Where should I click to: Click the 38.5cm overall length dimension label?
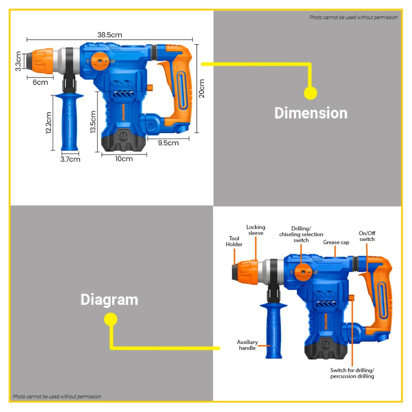[x=109, y=35]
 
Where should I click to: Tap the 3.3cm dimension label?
[x=19, y=61]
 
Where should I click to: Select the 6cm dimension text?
[x=40, y=82]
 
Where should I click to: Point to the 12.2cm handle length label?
[x=48, y=123]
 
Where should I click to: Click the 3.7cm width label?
[x=70, y=159]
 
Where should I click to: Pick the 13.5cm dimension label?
[x=93, y=122]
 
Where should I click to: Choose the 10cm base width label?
[x=124, y=159]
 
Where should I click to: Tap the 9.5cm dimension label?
[x=168, y=143]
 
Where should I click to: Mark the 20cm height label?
[x=202, y=88]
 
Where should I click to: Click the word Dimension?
[x=311, y=113]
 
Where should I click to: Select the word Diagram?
[x=109, y=300]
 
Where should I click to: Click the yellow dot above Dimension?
[x=310, y=93]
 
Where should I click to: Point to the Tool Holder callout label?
[x=234, y=241]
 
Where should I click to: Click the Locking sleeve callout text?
[x=256, y=230]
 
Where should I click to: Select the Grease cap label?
[x=336, y=243]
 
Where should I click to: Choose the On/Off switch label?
[x=367, y=236]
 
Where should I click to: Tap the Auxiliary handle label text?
[x=247, y=345]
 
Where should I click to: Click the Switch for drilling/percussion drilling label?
[x=352, y=373]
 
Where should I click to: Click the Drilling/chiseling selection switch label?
[x=301, y=234]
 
